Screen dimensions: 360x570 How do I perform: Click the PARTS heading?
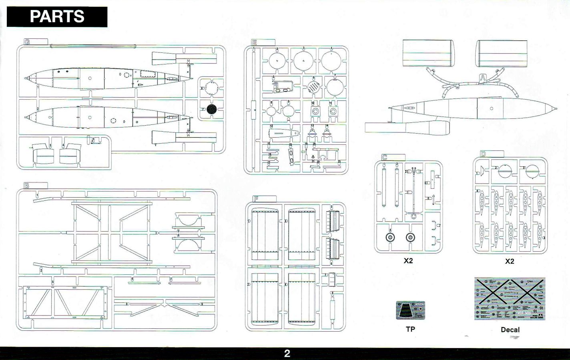(57, 17)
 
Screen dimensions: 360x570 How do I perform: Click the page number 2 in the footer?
(287, 354)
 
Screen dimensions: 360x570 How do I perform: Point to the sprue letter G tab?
(27, 42)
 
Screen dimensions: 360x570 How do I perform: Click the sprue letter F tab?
(256, 198)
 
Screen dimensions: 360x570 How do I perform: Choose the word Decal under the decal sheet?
(510, 330)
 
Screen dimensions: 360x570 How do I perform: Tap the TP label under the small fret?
(410, 329)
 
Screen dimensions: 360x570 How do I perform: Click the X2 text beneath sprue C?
(408, 261)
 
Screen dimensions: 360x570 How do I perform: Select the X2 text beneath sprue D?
(510, 261)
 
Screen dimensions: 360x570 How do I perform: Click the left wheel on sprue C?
(390, 238)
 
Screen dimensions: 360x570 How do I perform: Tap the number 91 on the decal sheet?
(541, 308)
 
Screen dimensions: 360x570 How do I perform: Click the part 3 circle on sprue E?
(303, 61)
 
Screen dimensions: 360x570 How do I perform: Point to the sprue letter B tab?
(27, 186)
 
